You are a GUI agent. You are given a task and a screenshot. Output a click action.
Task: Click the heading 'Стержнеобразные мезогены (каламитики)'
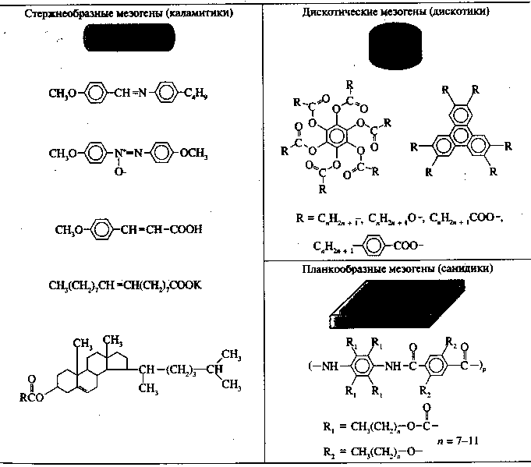[x=132, y=13]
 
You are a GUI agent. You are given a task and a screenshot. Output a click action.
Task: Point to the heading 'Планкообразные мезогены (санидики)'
[x=395, y=270]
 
